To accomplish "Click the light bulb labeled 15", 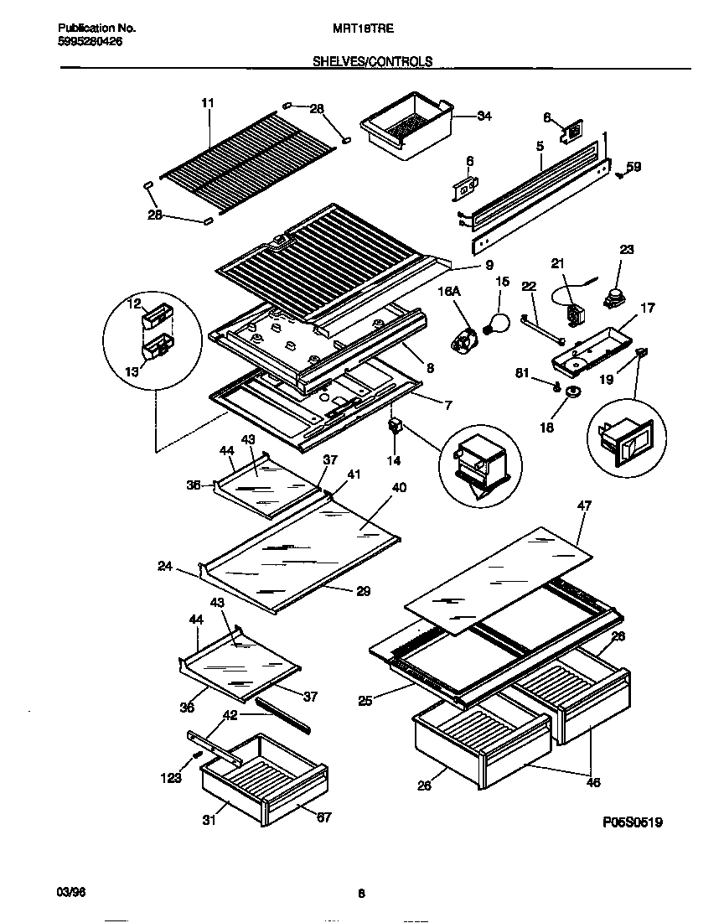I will pyautogui.click(x=499, y=321).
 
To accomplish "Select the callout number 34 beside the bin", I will pyautogui.click(x=484, y=117).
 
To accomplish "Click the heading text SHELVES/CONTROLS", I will pyautogui.click(x=373, y=61).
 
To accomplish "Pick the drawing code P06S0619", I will pyautogui.click(x=633, y=823).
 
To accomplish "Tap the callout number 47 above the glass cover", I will pyautogui.click(x=583, y=505).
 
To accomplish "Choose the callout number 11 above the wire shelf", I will pyautogui.click(x=208, y=102).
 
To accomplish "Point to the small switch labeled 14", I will pyautogui.click(x=392, y=427).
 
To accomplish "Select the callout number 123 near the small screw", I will pyautogui.click(x=171, y=779).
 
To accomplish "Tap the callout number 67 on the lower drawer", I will pyautogui.click(x=323, y=817).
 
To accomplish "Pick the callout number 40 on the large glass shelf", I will pyautogui.click(x=399, y=487).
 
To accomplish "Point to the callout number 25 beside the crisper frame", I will pyautogui.click(x=365, y=701).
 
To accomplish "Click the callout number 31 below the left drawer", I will pyautogui.click(x=209, y=821).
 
